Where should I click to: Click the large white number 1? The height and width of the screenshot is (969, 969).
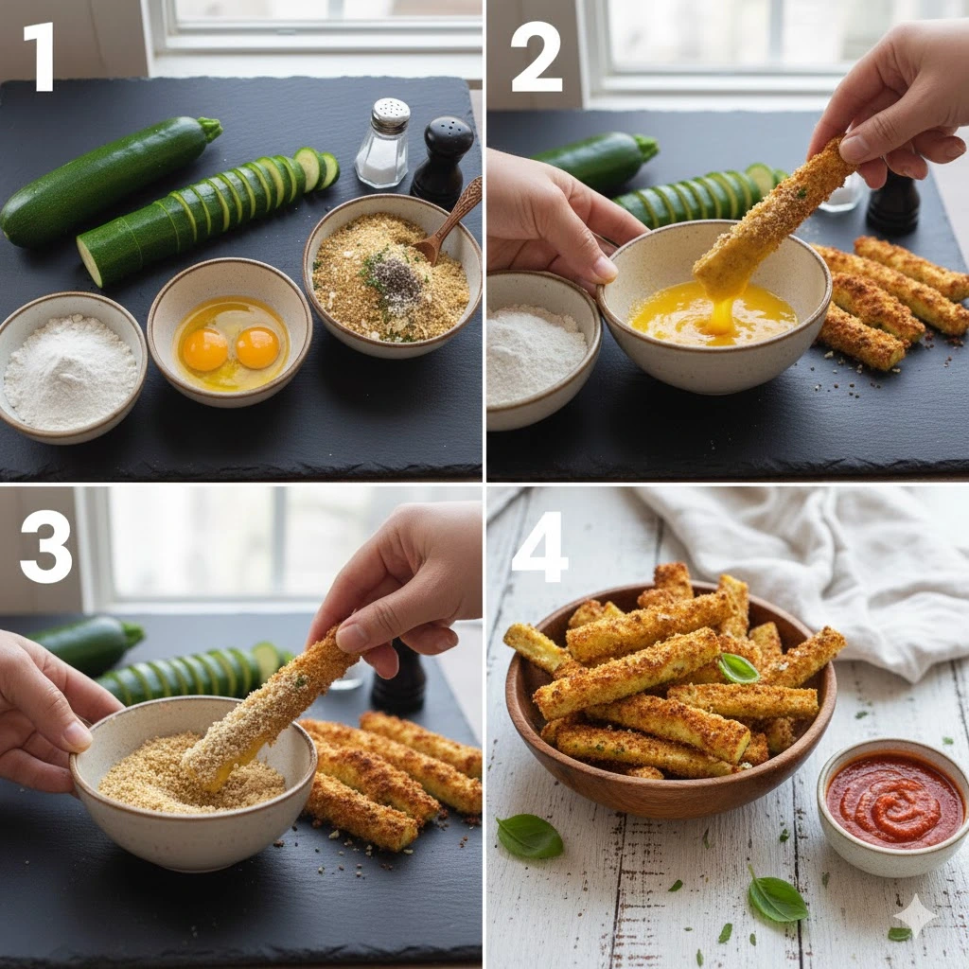click(41, 58)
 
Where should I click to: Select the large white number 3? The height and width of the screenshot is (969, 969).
click(45, 547)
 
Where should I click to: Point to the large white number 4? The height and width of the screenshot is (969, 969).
click(538, 547)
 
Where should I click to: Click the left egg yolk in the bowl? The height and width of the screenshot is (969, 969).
click(205, 349)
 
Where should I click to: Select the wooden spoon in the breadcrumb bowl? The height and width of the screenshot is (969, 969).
click(449, 220)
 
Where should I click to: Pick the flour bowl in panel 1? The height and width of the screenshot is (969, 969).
click(71, 368)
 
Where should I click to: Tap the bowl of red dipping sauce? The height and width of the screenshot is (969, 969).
click(887, 807)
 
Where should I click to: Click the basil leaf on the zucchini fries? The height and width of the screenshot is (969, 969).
click(738, 669)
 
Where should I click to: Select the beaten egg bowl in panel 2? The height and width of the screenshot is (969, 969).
click(714, 308)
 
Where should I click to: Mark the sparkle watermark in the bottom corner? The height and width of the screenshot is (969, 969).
click(915, 915)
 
